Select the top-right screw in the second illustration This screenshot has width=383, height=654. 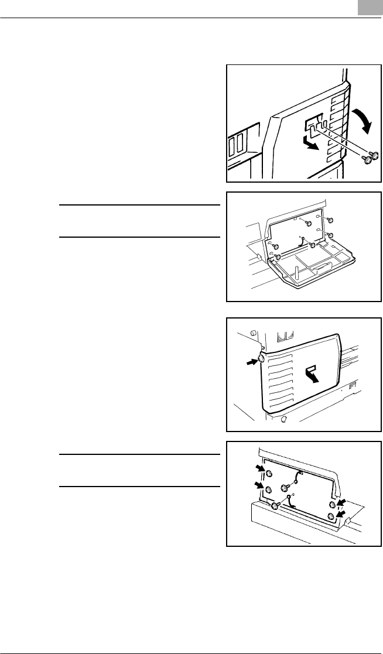pyautogui.click(x=331, y=220)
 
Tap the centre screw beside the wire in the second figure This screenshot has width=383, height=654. pyautogui.click(x=312, y=245)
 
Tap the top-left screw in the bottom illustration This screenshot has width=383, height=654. pyautogui.click(x=268, y=474)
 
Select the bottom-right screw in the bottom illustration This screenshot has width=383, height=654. pyautogui.click(x=331, y=516)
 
